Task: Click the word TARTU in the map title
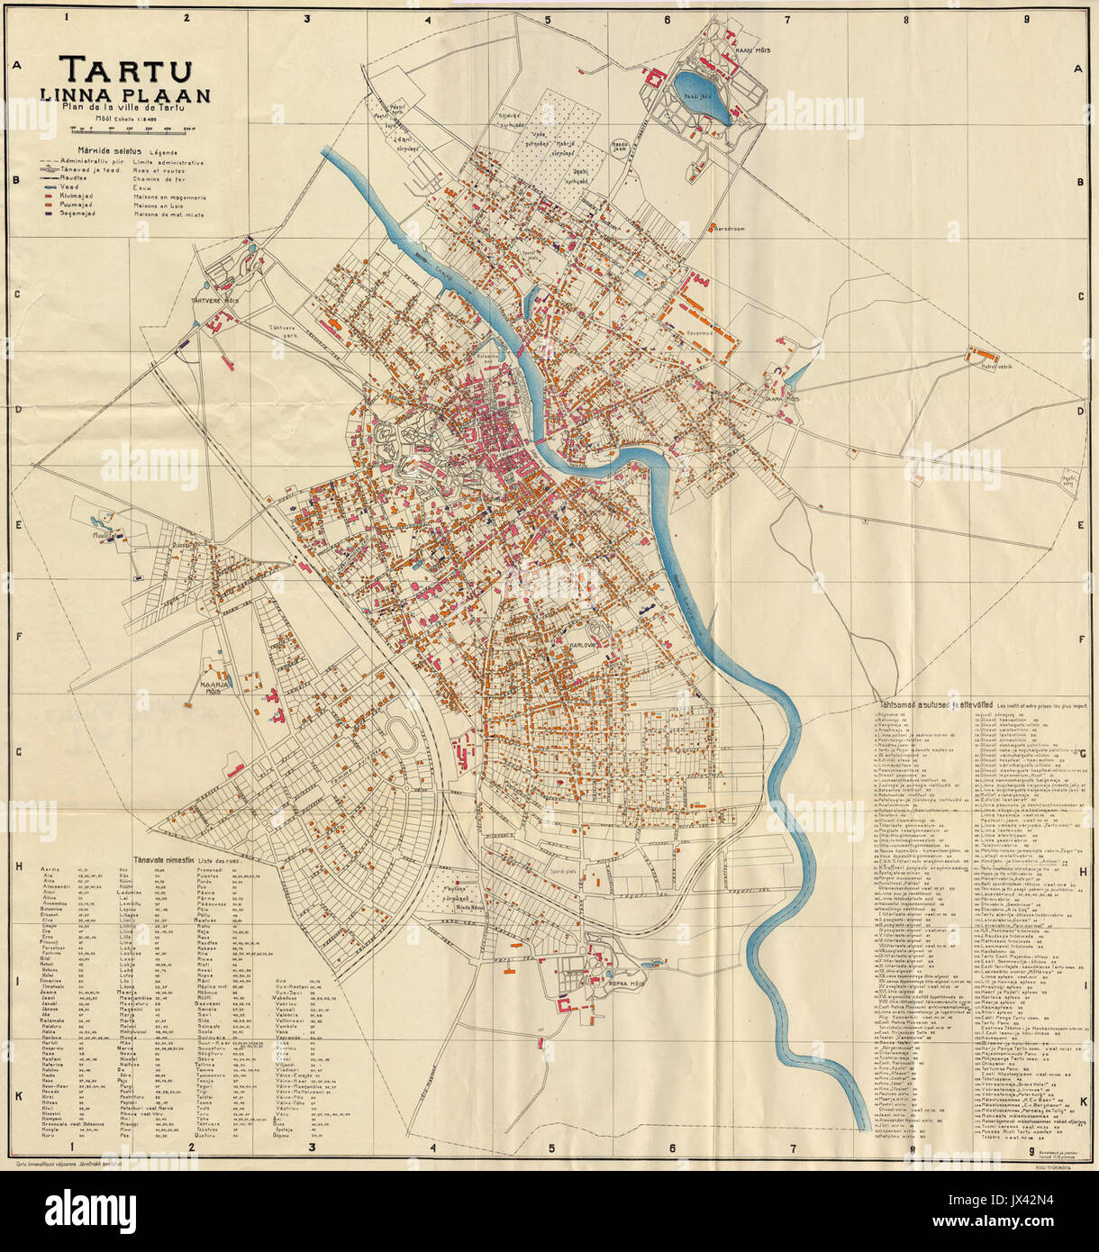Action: pos(125,69)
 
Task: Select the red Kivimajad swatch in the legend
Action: pos(48,195)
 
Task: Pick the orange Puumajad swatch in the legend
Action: pos(48,204)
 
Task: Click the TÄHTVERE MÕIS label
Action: pos(213,300)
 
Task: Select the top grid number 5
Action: pos(547,17)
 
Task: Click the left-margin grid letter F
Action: pos(16,640)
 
